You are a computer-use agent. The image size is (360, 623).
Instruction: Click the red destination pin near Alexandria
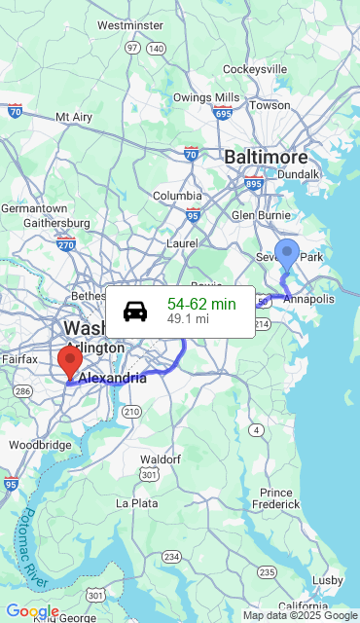click(70, 361)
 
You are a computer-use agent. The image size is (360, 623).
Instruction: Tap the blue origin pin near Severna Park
click(287, 254)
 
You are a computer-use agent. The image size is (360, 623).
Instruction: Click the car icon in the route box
click(135, 311)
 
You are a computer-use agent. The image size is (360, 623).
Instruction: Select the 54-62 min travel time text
click(201, 304)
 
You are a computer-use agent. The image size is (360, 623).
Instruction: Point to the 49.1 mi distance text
click(188, 318)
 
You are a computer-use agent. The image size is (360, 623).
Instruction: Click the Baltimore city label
click(266, 157)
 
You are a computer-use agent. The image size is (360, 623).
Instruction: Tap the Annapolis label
click(308, 299)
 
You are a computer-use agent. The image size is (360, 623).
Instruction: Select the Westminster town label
click(130, 24)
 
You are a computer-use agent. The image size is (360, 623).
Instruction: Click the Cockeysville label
click(255, 69)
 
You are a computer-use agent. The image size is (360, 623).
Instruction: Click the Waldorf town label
click(161, 458)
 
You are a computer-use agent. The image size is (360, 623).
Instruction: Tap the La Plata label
click(137, 503)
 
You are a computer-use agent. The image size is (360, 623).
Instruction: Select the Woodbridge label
click(40, 445)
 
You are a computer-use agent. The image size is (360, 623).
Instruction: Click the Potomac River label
click(35, 549)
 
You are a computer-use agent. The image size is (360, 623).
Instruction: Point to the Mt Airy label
click(75, 117)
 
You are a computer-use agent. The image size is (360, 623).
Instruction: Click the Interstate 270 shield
click(66, 242)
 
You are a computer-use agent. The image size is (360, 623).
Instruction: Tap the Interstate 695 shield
click(223, 114)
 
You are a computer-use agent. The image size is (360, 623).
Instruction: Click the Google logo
click(32, 611)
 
